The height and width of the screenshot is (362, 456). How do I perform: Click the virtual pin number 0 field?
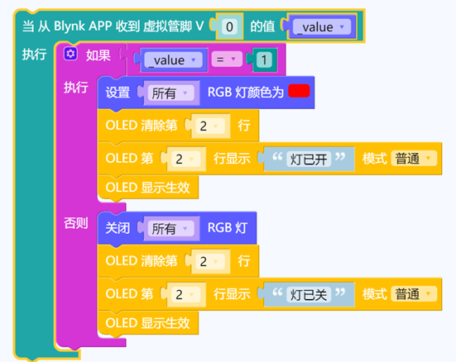229,26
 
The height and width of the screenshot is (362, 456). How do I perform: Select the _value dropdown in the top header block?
322,27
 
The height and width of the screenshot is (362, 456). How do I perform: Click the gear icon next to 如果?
70,54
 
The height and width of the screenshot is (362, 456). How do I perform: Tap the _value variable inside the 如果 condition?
173,60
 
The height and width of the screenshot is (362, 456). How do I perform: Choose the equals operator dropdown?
227,60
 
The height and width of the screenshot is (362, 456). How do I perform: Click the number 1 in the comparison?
264,60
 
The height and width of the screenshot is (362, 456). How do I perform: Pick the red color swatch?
299,91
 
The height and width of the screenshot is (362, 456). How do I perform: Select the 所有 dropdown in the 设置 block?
170,93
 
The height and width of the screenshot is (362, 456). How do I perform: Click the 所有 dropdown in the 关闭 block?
170,228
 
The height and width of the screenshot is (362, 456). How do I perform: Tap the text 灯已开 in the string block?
309,159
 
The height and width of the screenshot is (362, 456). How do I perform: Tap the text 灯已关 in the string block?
309,294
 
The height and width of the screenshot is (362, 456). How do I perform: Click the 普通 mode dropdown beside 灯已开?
414,159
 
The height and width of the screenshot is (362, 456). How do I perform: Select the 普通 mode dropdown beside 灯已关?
414,293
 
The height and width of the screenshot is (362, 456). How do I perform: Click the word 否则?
76,223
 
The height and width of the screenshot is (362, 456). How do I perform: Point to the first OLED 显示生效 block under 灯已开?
148,188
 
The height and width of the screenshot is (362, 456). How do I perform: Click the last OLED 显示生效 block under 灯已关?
148,323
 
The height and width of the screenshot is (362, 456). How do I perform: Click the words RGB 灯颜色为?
246,93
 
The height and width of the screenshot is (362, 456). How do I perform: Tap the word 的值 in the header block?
262,26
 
